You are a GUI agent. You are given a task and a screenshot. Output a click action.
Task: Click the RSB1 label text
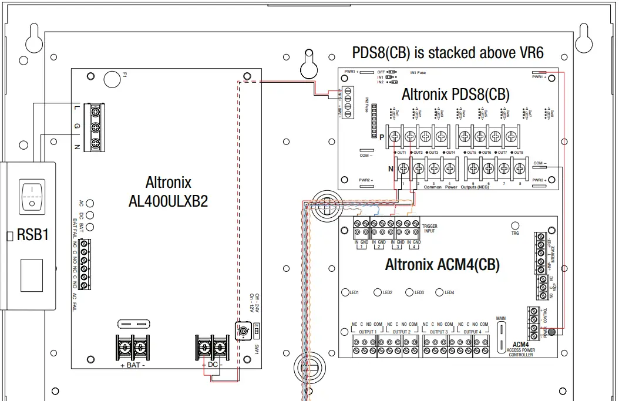(33, 235)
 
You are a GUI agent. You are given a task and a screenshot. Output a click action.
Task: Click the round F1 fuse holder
(112, 78)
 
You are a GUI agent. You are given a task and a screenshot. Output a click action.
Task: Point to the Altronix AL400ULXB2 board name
(168, 191)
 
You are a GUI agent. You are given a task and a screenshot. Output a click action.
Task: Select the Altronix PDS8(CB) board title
(455, 94)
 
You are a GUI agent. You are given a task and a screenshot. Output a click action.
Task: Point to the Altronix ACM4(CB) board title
(442, 265)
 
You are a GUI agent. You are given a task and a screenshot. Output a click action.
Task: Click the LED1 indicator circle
(345, 292)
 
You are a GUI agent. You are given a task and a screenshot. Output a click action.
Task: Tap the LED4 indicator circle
(439, 292)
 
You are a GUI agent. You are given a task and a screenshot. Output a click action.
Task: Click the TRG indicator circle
(515, 225)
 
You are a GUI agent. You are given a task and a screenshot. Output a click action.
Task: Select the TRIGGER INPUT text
(430, 228)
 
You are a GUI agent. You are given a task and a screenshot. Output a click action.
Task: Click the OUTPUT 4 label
(471, 331)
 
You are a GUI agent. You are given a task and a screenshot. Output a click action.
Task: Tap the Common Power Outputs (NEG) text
(452, 187)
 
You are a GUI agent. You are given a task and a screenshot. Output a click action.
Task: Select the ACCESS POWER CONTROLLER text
(522, 352)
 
